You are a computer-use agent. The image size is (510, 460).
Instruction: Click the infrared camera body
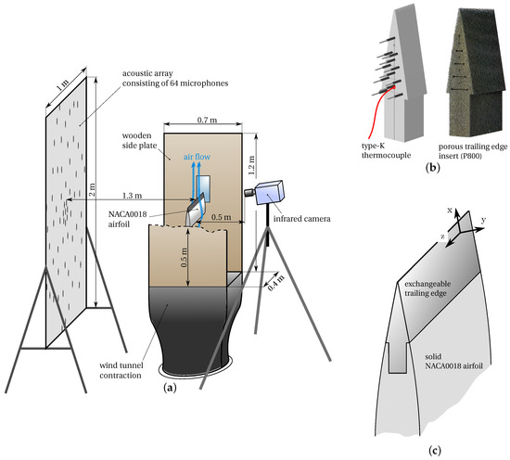pos(270,192)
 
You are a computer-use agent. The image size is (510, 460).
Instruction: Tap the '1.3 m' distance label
pos(132,196)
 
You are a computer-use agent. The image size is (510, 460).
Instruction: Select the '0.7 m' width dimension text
pos(207,120)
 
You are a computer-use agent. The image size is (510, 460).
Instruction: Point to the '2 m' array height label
pos(93,189)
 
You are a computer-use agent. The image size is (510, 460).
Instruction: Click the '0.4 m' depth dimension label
pos(276,283)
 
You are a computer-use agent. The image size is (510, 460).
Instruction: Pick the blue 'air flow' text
pos(197,157)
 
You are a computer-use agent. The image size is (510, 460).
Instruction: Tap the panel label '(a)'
pos(170,388)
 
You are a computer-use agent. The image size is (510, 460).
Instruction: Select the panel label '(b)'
pos(432,168)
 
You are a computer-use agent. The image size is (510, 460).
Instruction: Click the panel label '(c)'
pos(435,451)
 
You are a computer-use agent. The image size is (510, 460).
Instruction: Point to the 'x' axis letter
pos(450,211)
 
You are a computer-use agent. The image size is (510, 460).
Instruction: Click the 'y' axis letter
pos(483,220)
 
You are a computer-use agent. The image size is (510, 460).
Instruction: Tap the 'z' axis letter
pos(442,236)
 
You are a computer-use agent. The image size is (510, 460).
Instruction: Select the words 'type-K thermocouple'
pos(386,150)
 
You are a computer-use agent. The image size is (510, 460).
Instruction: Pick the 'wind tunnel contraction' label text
pos(121,370)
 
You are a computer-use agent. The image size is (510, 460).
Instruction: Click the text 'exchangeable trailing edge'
pos(427,288)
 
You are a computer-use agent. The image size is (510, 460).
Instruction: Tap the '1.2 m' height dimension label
pos(251,165)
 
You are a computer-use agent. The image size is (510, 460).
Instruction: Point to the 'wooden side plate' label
pos(139,140)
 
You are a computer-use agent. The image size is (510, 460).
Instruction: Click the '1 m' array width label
pos(62,85)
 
